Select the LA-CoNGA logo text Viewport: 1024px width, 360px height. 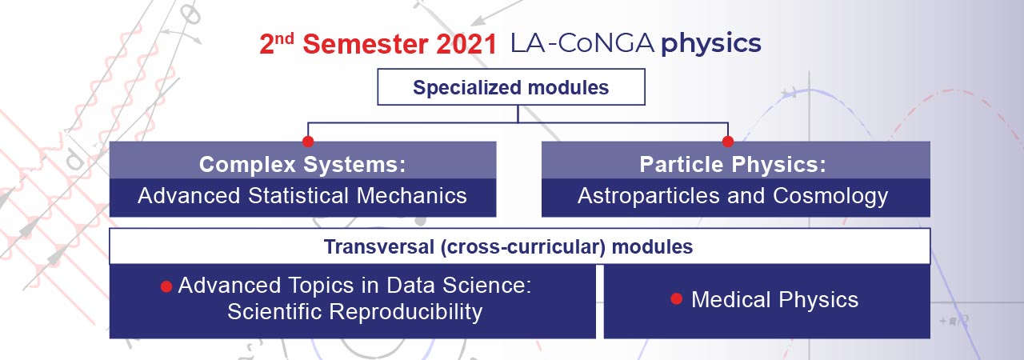click(582, 44)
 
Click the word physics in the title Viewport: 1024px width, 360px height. click(710, 45)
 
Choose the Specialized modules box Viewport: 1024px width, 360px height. click(510, 87)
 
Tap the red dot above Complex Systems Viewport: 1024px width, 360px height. click(308, 142)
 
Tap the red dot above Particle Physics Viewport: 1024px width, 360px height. click(728, 142)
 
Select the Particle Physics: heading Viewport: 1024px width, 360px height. click(732, 164)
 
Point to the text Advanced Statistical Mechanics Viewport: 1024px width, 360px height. click(302, 196)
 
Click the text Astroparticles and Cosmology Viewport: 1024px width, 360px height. click(732, 196)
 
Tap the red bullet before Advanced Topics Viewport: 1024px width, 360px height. click(166, 286)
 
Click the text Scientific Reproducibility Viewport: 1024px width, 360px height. click(354, 311)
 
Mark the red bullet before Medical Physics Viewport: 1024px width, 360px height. click(676, 299)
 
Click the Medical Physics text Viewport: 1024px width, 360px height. click(774, 300)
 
